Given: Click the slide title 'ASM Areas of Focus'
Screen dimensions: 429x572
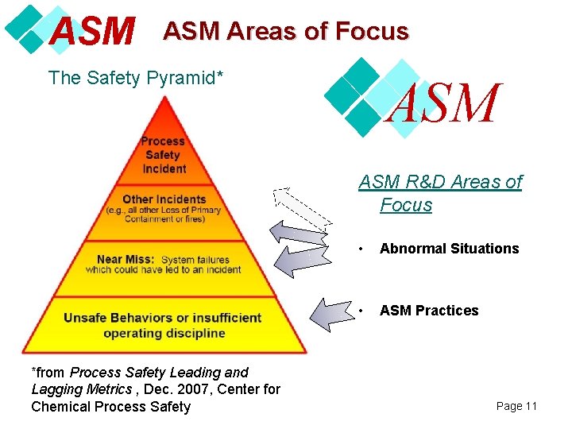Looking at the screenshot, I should point(285,31).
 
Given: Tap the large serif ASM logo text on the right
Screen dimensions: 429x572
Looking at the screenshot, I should point(443,104).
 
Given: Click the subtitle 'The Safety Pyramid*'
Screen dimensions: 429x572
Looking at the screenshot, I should point(135,78).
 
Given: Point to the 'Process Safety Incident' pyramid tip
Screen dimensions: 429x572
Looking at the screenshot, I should point(164,155).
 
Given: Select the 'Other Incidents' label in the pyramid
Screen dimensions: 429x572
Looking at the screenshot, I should point(164,199).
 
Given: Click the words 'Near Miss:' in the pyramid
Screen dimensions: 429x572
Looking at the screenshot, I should point(126,259).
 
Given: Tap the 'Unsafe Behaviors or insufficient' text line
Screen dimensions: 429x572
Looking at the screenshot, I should point(163,318).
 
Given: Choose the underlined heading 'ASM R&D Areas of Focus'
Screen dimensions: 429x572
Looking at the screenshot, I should point(439,193).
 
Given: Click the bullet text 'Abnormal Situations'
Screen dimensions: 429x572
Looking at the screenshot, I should point(449,249).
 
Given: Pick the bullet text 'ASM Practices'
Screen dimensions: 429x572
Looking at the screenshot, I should point(429,311).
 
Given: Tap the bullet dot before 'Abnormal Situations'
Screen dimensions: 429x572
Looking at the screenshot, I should point(362,249).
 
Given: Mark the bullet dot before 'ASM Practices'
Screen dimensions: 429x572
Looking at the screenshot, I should point(362,311).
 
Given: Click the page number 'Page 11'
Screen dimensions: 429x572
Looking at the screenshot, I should point(516,406).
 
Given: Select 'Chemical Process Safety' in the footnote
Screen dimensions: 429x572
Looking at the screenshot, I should point(111,407).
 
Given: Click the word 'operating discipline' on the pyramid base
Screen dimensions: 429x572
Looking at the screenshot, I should point(164,333).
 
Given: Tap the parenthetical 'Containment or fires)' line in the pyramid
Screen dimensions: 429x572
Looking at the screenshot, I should point(164,219).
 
